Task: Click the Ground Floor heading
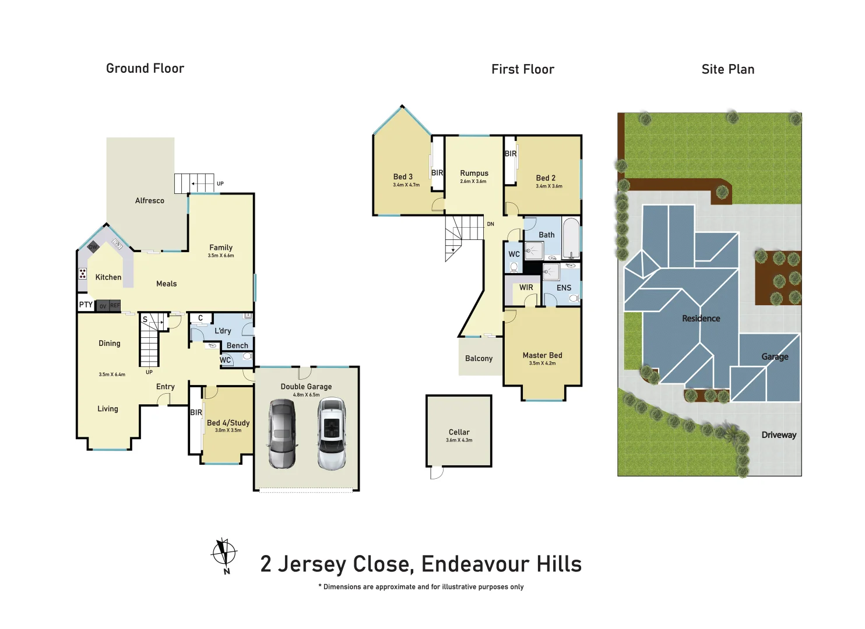click(145, 69)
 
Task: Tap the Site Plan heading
click(727, 69)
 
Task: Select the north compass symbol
click(224, 554)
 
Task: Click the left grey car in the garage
click(282, 433)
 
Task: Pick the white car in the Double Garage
click(332, 433)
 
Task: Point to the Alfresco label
click(150, 201)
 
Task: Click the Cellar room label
click(459, 432)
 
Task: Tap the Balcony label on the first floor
click(479, 359)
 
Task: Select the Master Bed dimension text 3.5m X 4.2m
click(542, 363)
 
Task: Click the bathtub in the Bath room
click(571, 238)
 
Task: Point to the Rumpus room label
click(474, 174)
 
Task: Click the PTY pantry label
click(86, 305)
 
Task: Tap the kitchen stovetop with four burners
click(83, 274)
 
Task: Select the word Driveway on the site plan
click(778, 435)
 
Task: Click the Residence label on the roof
click(701, 319)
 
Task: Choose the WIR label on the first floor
click(526, 288)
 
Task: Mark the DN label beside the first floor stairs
click(490, 224)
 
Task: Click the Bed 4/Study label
click(228, 423)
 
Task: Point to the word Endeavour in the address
click(474, 564)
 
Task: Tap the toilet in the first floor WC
click(514, 267)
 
